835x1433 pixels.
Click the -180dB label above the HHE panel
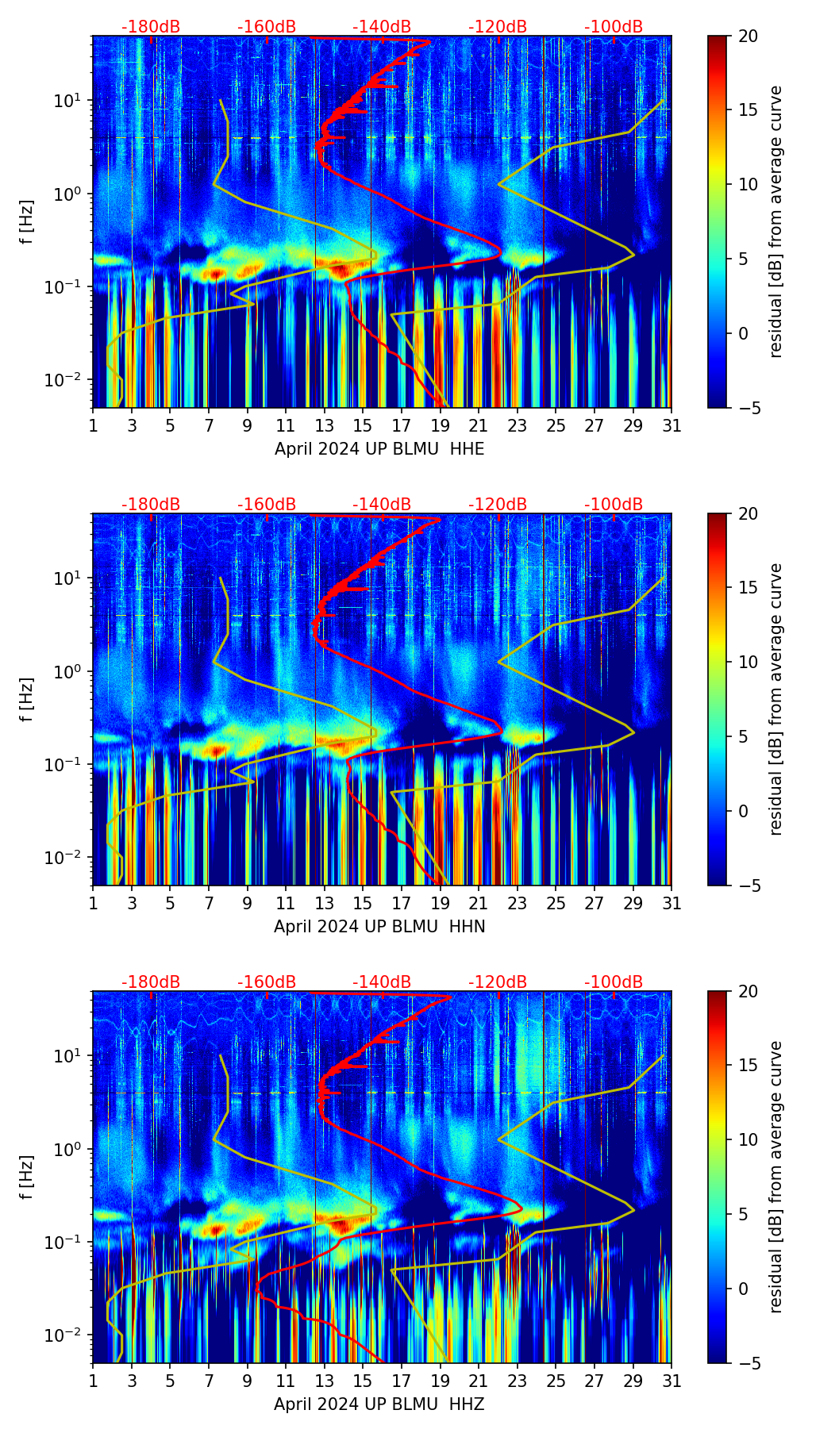pyautogui.click(x=151, y=27)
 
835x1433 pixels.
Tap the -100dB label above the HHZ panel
pyautogui.click(x=614, y=982)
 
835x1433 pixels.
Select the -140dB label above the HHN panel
pyautogui.click(x=382, y=505)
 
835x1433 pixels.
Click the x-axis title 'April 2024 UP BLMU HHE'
pyautogui.click(x=379, y=449)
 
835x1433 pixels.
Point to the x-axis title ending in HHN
pyautogui.click(x=379, y=927)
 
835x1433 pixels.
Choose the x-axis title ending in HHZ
pyautogui.click(x=379, y=1404)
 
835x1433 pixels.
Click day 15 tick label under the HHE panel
pyautogui.click(x=363, y=426)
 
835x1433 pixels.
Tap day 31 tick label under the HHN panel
pyautogui.click(x=671, y=904)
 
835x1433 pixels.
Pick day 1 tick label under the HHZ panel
pyautogui.click(x=94, y=1381)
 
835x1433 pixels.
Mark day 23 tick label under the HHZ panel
pyautogui.click(x=518, y=1381)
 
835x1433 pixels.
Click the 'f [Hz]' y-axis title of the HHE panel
pyautogui.click(x=28, y=222)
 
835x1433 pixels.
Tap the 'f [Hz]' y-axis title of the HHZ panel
pyautogui.click(x=28, y=1178)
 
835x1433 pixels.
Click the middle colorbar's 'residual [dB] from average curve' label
pyautogui.click(x=776, y=699)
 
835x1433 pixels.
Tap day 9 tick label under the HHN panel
pyautogui.click(x=247, y=904)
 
